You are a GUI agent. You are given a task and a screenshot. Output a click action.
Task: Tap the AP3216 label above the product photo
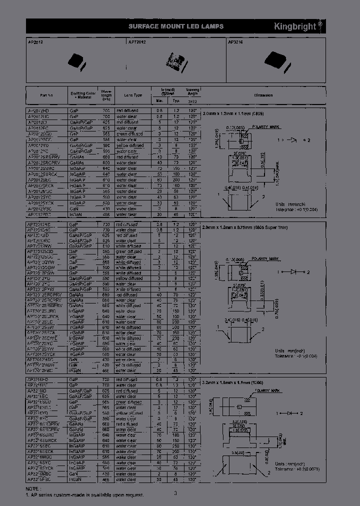235,43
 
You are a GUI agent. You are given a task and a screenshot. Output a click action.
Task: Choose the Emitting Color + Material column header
82,95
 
